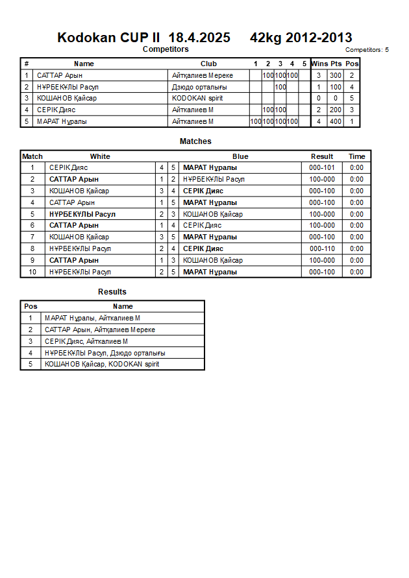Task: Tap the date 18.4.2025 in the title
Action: (199, 38)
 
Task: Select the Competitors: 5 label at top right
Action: (367, 49)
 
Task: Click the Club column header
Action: (208, 64)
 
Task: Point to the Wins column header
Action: (319, 64)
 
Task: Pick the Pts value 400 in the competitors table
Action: (336, 121)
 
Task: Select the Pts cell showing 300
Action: (336, 75)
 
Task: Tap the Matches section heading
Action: (195, 141)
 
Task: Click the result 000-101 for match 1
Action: (322, 167)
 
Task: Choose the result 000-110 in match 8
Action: (322, 248)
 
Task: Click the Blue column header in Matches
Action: (240, 156)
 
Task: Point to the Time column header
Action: (356, 156)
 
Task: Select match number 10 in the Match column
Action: (32, 272)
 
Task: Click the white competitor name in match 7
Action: (70, 237)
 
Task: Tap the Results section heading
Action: (112, 292)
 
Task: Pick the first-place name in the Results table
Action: (92, 318)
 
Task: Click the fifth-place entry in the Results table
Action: (101, 364)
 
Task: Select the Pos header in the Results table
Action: (31, 306)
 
